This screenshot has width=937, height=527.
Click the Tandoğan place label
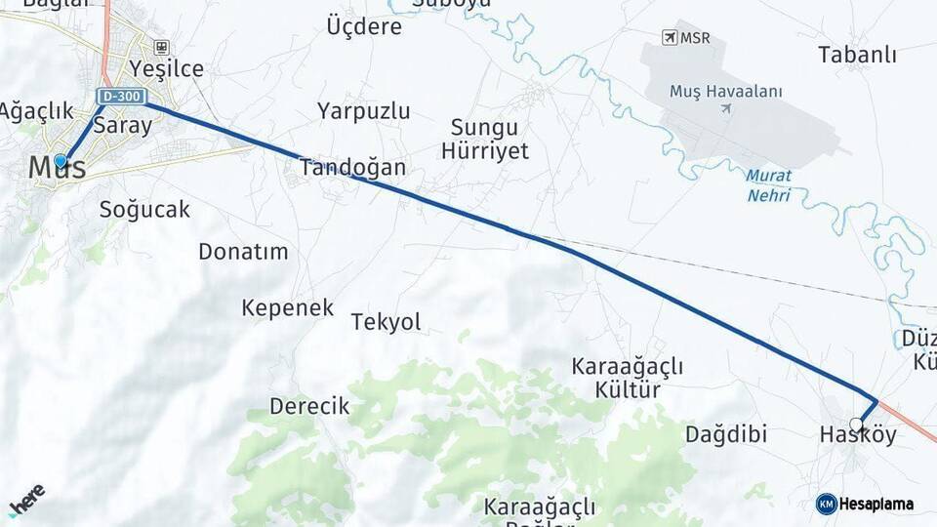352,167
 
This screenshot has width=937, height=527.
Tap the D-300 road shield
121,96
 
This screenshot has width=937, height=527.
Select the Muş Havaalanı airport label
726,91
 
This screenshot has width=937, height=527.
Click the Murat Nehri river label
769,185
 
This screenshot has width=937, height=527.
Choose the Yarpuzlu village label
363,110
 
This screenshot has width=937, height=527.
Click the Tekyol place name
386,322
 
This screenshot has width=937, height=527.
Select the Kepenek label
287,308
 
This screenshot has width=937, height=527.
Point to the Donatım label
243,251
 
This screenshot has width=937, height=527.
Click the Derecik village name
308,406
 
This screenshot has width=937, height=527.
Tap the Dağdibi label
726,433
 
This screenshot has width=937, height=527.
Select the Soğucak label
144,209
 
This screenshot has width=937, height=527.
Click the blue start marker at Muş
61,161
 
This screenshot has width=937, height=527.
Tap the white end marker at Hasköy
856,425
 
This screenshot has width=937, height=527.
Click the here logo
26,499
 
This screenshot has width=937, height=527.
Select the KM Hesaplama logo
865,504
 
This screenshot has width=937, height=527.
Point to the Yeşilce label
167,68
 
